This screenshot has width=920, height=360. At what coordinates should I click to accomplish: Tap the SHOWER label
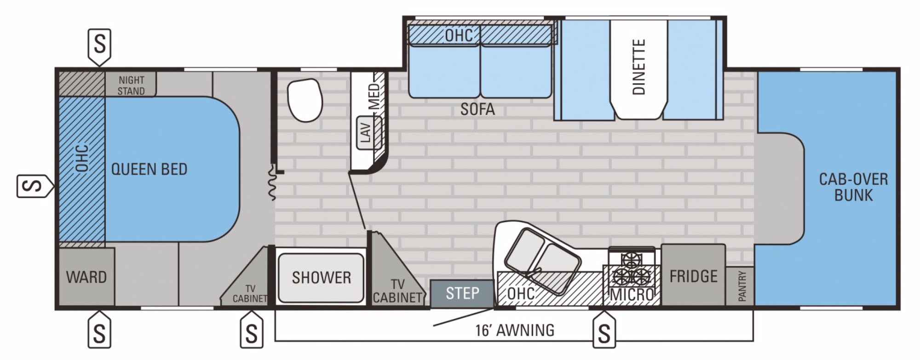[x=321, y=277]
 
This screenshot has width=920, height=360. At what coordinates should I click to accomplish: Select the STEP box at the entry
[x=462, y=293]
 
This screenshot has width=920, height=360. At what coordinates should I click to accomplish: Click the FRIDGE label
[x=693, y=276]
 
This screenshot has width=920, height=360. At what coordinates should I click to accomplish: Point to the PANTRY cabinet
[x=740, y=286]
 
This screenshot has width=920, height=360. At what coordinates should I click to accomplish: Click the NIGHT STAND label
[x=131, y=86]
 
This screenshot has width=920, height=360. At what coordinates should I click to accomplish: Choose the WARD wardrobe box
[x=86, y=277]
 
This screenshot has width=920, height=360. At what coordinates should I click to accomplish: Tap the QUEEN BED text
[x=149, y=169]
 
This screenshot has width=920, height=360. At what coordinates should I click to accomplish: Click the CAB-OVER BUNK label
[x=853, y=187]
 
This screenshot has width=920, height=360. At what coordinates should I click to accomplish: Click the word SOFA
[x=477, y=109]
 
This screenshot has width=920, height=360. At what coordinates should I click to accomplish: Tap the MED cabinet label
[x=375, y=97]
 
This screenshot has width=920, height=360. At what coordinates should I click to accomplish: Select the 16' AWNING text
[x=515, y=330]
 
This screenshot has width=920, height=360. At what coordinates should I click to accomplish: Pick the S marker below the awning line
[x=604, y=331]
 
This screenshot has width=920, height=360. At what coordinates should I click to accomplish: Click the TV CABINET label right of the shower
[x=397, y=290]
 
